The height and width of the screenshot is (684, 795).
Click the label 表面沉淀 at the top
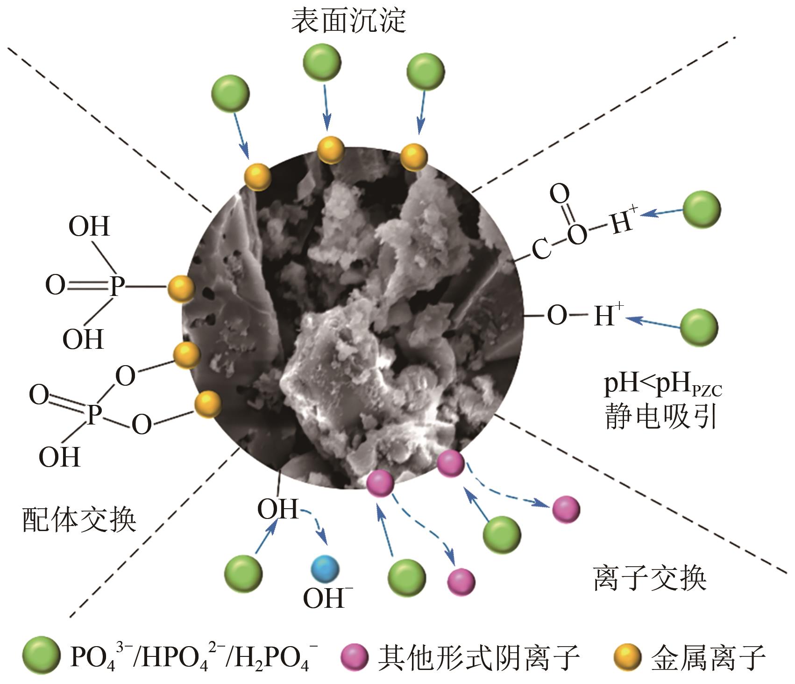[x=348, y=22]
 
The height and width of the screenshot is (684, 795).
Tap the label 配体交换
[x=79, y=519]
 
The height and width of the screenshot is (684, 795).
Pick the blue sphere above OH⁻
[x=325, y=569]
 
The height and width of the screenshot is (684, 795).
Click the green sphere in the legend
[x=41, y=656]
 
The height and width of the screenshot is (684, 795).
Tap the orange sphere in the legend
[x=626, y=656]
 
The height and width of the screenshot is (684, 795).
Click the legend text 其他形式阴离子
[x=478, y=657]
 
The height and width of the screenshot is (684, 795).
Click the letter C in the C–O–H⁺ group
[x=541, y=249]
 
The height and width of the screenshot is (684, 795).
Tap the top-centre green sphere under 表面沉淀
[x=322, y=63]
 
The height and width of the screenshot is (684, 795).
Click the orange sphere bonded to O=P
[x=181, y=288]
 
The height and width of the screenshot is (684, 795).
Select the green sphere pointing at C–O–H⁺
[x=702, y=209]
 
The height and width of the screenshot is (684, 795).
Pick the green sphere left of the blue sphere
[x=243, y=574]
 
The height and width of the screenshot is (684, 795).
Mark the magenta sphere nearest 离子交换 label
[x=566, y=509]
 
